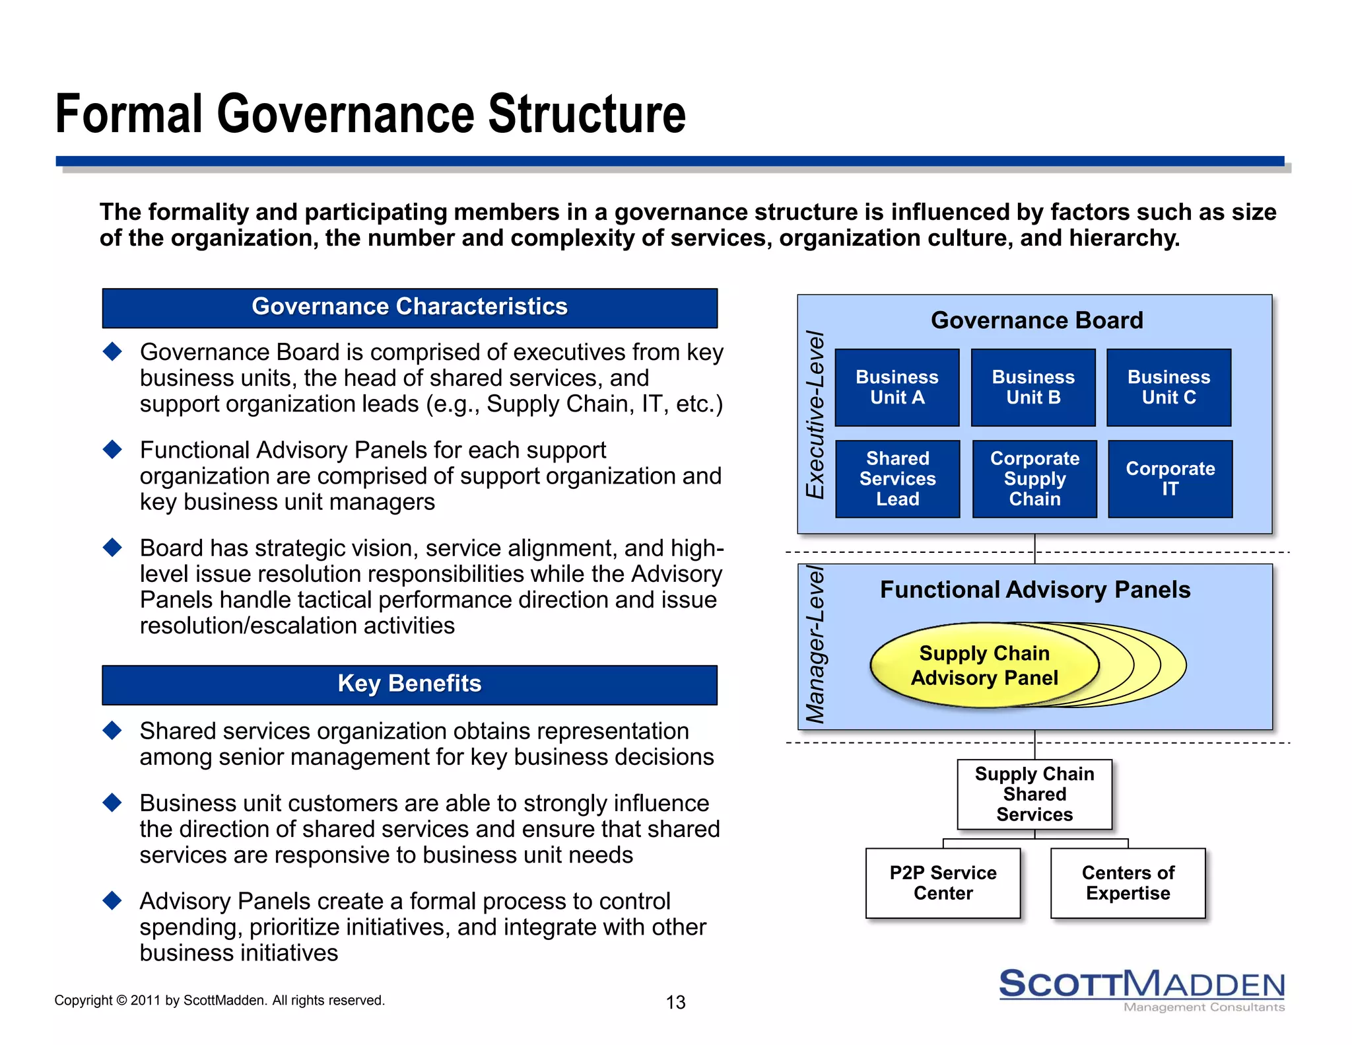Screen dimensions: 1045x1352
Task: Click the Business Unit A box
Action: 896,387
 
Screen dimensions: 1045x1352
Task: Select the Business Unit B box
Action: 1032,387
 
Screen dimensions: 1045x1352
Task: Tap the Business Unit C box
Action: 1168,387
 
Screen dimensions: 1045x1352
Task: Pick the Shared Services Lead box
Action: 897,478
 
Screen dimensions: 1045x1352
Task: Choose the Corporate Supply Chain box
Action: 1034,478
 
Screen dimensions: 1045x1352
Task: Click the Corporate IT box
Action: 1170,478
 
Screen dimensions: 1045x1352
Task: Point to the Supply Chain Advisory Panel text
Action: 984,665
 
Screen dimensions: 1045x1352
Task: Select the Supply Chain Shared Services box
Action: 1034,794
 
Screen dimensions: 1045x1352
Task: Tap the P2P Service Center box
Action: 943,883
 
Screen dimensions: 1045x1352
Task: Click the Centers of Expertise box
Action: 1128,883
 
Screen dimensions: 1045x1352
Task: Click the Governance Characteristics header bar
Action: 409,307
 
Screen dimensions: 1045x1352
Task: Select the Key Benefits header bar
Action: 409,684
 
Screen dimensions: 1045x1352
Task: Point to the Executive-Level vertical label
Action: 816,414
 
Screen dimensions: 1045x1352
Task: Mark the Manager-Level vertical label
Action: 816,645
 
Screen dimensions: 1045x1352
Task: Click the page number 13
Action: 675,1002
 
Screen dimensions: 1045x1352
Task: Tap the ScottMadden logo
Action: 1141,988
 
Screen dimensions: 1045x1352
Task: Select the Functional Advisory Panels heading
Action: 1034,589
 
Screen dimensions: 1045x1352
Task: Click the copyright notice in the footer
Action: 219,1000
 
